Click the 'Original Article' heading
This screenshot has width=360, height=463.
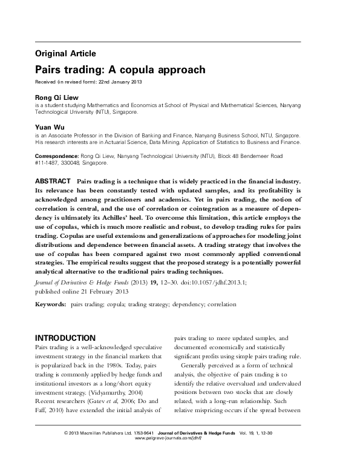[65, 53]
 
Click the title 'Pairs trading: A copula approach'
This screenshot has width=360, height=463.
[120, 70]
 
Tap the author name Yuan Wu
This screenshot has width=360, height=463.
[50, 128]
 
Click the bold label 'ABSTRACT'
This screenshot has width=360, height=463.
[53, 182]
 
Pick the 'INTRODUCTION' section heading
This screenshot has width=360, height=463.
[73, 337]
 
